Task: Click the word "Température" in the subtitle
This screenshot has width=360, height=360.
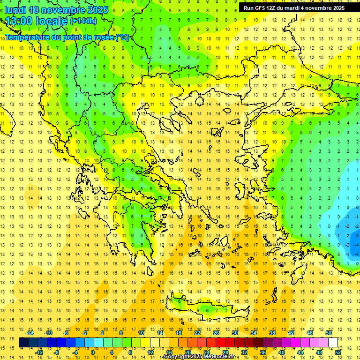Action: coord(28,37)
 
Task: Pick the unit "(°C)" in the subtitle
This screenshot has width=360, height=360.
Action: coord(122,37)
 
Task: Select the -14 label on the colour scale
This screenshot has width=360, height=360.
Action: coord(30,333)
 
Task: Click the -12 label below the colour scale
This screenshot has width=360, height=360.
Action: coord(39,352)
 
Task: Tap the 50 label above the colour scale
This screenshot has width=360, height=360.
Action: coord(329,333)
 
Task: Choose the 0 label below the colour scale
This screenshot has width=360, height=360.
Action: coord(93,352)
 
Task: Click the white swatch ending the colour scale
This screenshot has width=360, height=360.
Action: coord(333,343)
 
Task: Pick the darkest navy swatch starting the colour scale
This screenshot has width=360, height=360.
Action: coord(23,343)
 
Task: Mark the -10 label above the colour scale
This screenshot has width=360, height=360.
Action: coord(48,333)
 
